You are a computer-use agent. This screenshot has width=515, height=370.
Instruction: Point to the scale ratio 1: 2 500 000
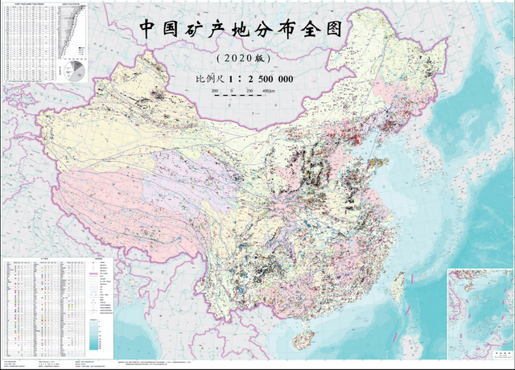pyautogui.click(x=262, y=80)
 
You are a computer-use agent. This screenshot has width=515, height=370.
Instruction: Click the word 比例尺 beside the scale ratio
pyautogui.click(x=212, y=80)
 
